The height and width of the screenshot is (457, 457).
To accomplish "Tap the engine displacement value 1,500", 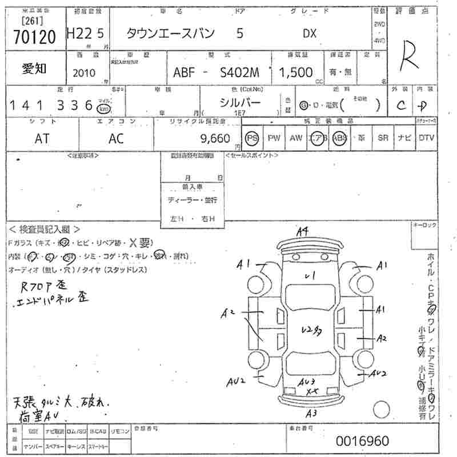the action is point(295,73).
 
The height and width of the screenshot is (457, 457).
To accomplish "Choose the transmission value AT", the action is point(42,138).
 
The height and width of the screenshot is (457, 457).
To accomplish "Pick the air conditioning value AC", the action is point(116,138).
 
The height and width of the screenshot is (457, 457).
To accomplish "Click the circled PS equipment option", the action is point(252,138).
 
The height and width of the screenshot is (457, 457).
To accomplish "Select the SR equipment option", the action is point(383,138).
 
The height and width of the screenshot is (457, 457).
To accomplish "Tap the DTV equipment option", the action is point(426,138).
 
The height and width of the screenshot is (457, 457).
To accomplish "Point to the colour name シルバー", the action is point(240,103).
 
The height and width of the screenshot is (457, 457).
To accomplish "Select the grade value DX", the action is point(309,34).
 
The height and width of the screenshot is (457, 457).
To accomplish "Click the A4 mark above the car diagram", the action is point(303,231).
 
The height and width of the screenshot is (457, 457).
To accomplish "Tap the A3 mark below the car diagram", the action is point(311,413).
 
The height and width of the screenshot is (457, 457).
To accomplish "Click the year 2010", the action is point(85,73).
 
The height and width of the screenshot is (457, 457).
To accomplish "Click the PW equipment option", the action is point(274,138).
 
